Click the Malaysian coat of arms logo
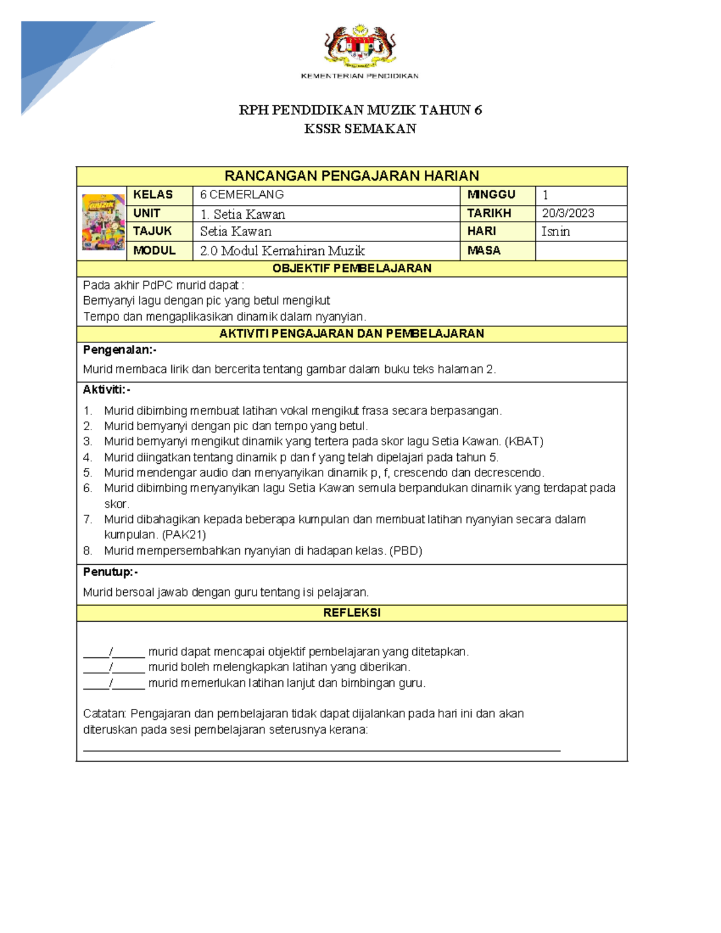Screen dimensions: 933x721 pos(360,45)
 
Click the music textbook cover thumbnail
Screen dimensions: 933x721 pos(103,222)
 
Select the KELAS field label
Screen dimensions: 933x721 pos(153,195)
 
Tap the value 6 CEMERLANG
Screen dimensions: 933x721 pos(242,195)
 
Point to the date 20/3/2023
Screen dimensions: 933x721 pos(568,213)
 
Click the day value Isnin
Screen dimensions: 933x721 pos(555,231)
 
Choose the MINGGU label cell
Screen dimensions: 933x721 pos(491,195)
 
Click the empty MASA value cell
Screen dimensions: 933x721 pos(580,251)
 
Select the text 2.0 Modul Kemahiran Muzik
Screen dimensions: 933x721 pos(282,251)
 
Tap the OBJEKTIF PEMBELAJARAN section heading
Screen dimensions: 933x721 pos(351,269)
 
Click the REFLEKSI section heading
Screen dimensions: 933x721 pos(351,613)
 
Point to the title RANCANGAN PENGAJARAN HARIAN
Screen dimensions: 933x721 pos(351,176)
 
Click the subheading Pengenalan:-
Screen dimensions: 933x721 pos(120,350)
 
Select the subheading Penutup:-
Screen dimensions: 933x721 pos(111,572)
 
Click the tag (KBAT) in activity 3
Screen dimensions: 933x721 pos(524,442)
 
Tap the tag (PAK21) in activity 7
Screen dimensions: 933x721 pos(184,535)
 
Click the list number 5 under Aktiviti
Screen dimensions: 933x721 pos(88,473)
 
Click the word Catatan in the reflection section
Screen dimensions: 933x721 pos(104,714)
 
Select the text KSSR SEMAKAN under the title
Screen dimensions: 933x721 pos(360,129)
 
